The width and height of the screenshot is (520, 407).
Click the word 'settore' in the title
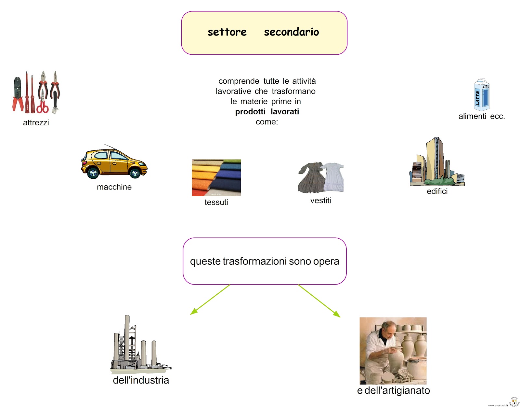coord(227,32)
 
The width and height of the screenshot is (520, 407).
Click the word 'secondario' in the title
coord(291,32)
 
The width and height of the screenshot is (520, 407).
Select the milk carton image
coord(481,94)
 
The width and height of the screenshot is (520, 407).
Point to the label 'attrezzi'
coord(36,123)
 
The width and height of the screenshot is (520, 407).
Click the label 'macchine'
coord(114,187)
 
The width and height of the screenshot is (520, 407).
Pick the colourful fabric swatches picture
coord(216,177)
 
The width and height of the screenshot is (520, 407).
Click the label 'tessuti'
coord(216,202)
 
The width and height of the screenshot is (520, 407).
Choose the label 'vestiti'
coord(320,201)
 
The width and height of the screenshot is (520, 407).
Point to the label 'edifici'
coord(437,191)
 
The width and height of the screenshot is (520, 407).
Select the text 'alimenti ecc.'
coord(481,117)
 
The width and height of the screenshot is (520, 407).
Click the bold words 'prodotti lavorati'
coord(267,112)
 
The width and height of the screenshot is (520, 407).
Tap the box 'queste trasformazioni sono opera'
coord(265,261)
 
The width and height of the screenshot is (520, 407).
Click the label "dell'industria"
coord(141,380)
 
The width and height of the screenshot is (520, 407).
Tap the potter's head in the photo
coord(389,329)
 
